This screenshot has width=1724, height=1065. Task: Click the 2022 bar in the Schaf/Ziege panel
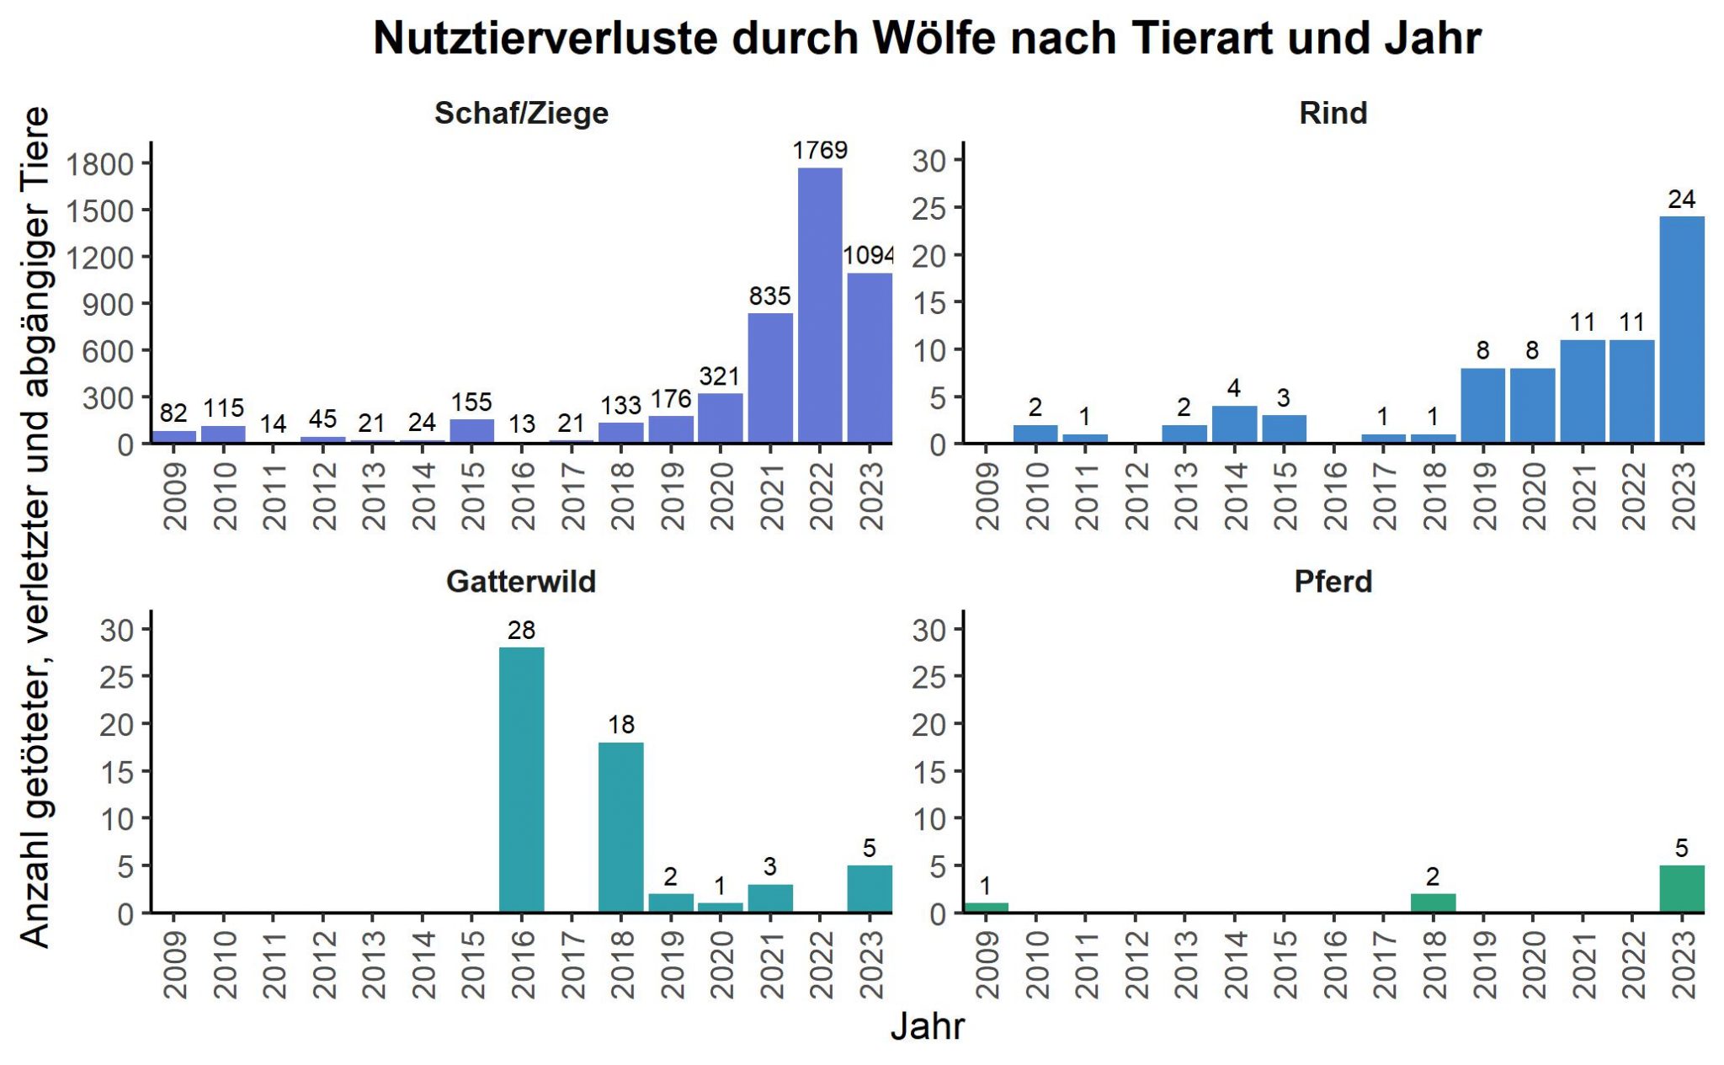pos(820,305)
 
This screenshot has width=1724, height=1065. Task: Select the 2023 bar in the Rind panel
pos(1682,329)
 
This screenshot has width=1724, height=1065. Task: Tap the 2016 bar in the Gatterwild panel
pos(521,780)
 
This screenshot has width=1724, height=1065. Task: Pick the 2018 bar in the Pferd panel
pos(1433,903)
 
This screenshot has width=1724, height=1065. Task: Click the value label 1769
pos(820,150)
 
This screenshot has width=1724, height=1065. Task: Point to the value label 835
pos(769,296)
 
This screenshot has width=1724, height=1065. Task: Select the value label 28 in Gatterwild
pos(521,630)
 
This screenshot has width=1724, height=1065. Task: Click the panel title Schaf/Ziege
pos(521,113)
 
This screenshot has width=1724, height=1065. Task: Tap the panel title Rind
pos(1333,113)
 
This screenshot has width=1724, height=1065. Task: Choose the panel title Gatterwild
pos(521,581)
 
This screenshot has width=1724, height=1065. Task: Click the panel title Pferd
pos(1333,581)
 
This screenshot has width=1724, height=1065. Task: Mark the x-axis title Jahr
pos(927,1026)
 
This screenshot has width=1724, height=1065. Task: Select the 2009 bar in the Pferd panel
pos(986,908)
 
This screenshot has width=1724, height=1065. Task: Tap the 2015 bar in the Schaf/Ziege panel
pos(471,430)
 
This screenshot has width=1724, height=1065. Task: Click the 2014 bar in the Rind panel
pos(1234,424)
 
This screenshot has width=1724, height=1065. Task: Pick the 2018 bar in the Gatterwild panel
pos(620,827)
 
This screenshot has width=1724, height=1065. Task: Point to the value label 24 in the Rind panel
pos(1681,200)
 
